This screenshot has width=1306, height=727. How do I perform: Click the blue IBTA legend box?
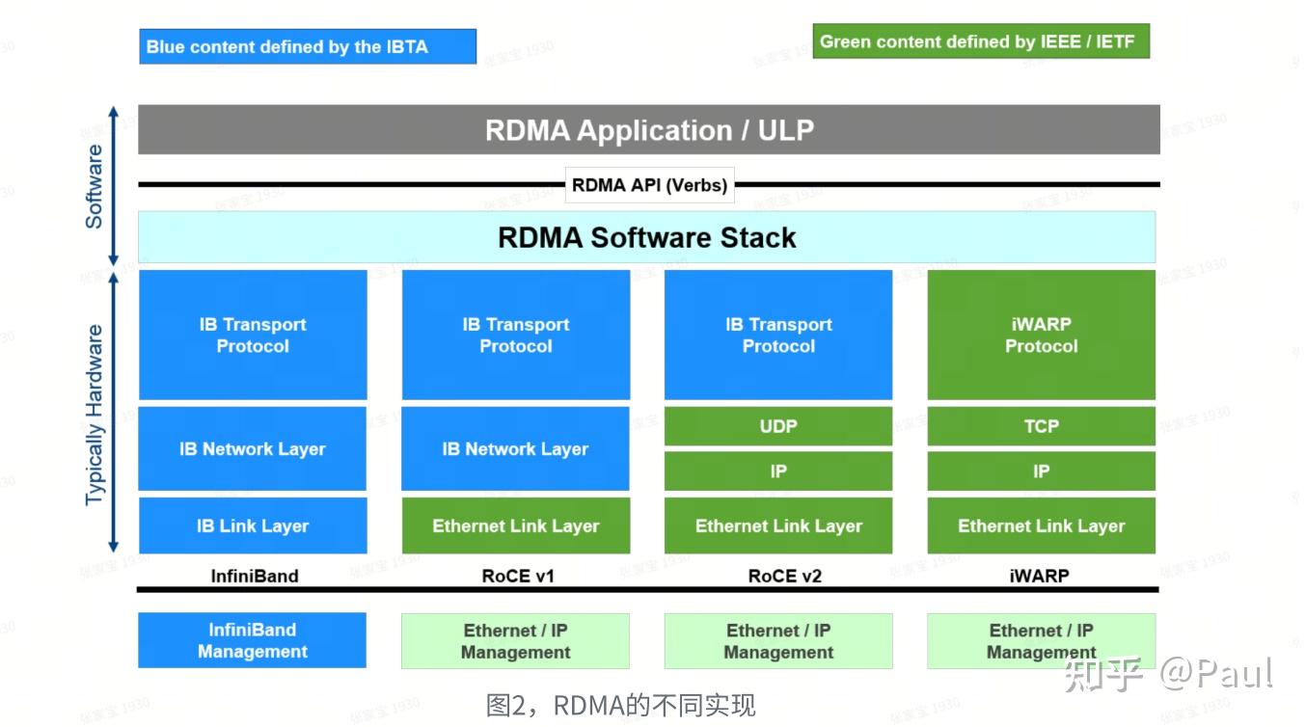point(307,46)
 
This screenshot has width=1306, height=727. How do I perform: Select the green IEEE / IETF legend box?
point(980,41)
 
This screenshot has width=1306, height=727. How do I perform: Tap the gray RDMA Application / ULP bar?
point(648,130)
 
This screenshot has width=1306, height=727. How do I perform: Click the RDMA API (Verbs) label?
point(649,185)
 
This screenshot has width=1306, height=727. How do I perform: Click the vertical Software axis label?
point(94,186)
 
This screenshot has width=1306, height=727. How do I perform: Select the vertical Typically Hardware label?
point(94,415)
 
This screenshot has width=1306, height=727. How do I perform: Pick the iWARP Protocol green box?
point(1041,335)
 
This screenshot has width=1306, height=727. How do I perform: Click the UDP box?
point(777,426)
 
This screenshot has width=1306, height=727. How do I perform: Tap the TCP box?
point(1041,426)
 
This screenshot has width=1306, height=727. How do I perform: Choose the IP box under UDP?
point(777,471)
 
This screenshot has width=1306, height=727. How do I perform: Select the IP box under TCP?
point(1041,471)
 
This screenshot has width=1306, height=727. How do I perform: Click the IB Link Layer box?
point(253,525)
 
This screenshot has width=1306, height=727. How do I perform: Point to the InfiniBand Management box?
point(253,640)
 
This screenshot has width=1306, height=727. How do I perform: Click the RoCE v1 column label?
point(518,576)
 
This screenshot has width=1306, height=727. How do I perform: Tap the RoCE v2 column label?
point(784,576)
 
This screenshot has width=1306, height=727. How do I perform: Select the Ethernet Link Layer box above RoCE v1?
point(515,525)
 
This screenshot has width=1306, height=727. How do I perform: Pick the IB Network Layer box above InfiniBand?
point(253,448)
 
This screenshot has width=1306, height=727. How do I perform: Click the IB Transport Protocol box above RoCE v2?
point(777,335)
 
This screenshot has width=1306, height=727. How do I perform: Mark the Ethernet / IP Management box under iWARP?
point(1041,640)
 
